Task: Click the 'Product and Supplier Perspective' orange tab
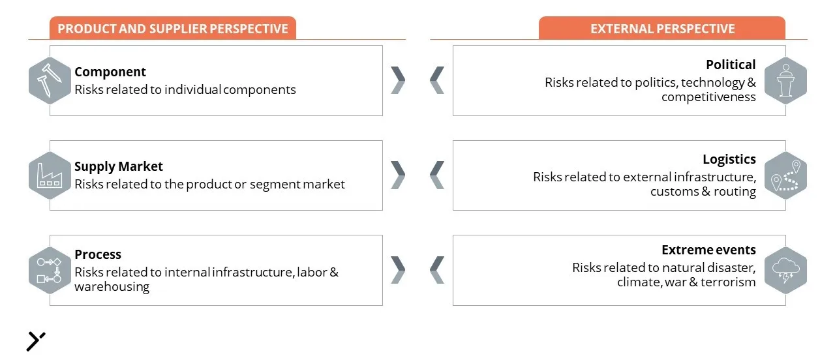click(x=173, y=28)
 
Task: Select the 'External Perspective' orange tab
click(x=662, y=28)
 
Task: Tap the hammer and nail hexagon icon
click(x=50, y=80)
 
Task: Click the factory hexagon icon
click(x=50, y=175)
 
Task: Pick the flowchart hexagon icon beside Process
click(x=50, y=270)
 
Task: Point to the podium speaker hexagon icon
click(x=785, y=80)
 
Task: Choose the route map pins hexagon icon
click(x=785, y=175)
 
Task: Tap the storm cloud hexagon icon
click(x=785, y=270)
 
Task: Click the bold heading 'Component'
click(x=110, y=72)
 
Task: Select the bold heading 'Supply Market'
click(x=119, y=166)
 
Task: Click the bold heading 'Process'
click(x=98, y=254)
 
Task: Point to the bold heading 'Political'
click(x=731, y=65)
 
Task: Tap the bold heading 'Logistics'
click(x=729, y=159)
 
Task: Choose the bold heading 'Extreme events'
click(x=708, y=250)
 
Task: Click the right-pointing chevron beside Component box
click(x=398, y=80)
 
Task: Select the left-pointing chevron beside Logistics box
click(x=437, y=175)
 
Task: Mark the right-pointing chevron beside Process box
click(x=398, y=270)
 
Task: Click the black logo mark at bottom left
click(x=35, y=341)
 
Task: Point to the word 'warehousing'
click(x=112, y=287)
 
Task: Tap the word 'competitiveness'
click(x=708, y=97)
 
